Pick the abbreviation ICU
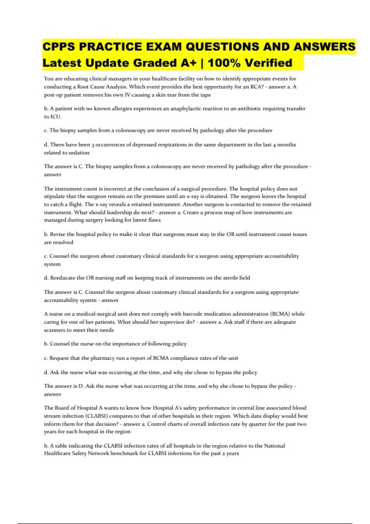pos(55,117)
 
